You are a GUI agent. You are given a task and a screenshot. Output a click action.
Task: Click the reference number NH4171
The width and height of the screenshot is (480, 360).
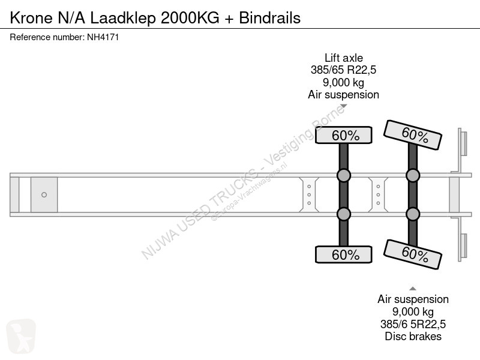click(103, 37)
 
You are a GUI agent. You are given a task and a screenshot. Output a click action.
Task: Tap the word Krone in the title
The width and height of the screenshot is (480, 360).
click(31, 18)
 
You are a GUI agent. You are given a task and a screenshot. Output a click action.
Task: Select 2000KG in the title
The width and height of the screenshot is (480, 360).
click(190, 18)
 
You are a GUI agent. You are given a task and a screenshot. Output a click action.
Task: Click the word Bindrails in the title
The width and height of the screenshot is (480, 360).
click(269, 18)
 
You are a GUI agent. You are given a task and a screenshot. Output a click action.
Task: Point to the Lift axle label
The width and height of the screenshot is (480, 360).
click(343, 58)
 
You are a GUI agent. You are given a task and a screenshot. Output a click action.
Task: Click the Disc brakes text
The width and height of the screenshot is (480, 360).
click(413, 336)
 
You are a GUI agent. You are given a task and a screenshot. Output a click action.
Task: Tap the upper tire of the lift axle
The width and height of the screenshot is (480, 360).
click(343, 135)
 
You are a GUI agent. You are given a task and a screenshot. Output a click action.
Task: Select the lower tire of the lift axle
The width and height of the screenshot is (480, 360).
click(343, 254)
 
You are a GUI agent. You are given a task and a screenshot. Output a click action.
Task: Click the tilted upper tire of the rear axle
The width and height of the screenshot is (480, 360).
click(413, 135)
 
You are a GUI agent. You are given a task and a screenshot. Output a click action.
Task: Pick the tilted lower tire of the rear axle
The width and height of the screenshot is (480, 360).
click(413, 254)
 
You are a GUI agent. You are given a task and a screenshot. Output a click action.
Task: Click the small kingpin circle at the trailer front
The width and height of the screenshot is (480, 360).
click(44, 194)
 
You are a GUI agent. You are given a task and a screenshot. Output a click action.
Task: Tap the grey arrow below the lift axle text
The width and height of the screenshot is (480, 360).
click(343, 106)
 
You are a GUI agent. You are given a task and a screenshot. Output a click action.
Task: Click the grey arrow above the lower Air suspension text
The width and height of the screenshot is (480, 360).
click(413, 289)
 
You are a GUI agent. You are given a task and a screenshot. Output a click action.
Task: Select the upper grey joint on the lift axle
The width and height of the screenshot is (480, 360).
click(343, 175)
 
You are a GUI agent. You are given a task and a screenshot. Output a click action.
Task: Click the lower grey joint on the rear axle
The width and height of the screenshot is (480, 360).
click(413, 214)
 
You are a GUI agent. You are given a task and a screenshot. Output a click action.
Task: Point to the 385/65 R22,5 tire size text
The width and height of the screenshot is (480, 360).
click(343, 70)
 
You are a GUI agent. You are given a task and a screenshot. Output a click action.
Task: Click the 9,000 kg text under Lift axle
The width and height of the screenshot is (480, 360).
click(343, 82)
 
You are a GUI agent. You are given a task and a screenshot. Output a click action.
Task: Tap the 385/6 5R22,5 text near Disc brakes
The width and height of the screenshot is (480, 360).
click(413, 324)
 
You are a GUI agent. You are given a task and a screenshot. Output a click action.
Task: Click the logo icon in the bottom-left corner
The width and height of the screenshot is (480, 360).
click(21, 336)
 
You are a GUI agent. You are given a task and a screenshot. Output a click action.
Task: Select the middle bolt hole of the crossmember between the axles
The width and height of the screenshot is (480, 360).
click(379, 194)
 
